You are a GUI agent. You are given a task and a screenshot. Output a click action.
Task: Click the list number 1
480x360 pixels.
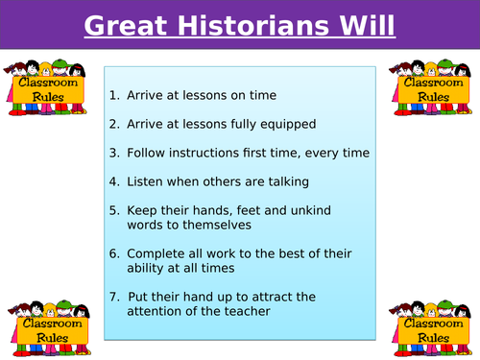click(x=113, y=95)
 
